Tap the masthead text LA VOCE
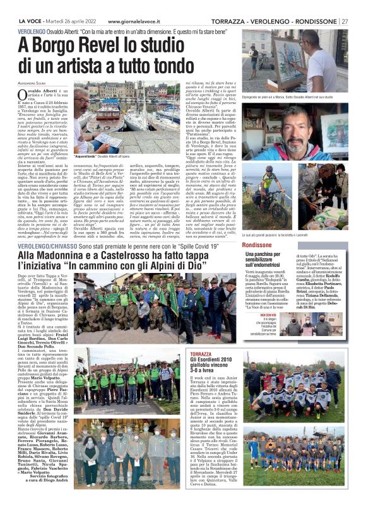pos(30,5)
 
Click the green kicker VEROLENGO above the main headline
pos(33,30)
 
